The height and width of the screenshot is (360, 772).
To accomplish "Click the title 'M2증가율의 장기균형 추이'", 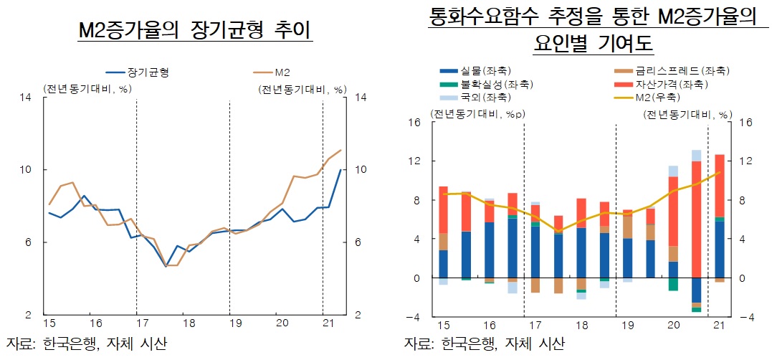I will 194,31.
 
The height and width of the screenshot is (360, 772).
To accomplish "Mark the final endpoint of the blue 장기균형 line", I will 340,170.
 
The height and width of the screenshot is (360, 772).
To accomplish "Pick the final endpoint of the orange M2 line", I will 341,151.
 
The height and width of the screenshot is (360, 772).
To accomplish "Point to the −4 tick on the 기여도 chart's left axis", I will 415,316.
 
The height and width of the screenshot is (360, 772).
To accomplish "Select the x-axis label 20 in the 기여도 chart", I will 673,326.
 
